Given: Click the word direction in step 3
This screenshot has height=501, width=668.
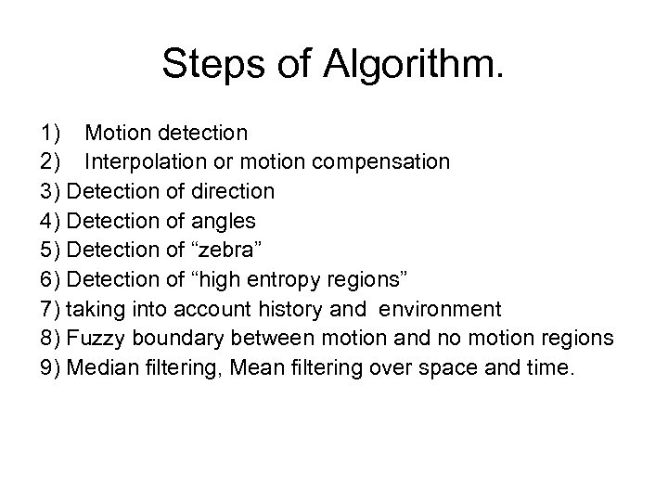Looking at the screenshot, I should (229, 191).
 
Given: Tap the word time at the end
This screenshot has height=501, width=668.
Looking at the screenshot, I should (552, 366).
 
